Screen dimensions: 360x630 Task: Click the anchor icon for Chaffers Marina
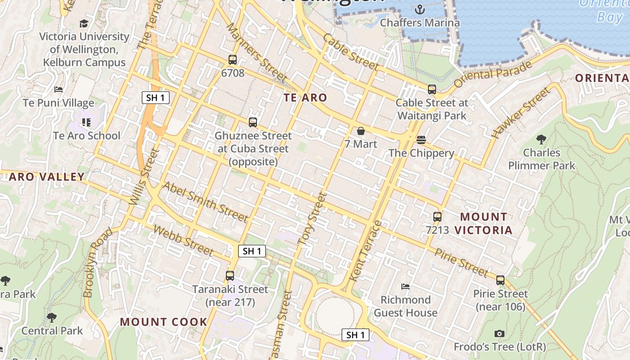click(x=419, y=9)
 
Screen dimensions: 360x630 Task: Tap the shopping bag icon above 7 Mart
click(x=361, y=131)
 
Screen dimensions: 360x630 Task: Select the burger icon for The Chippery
click(x=421, y=140)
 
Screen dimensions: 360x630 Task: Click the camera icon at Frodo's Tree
click(x=499, y=334)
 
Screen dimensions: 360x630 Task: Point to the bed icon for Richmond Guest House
click(x=405, y=287)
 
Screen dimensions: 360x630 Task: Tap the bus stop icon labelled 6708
click(x=233, y=59)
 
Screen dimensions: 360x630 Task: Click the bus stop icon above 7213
click(x=437, y=216)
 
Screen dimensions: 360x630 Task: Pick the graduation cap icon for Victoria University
click(x=84, y=23)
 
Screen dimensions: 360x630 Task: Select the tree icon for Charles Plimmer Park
click(x=541, y=139)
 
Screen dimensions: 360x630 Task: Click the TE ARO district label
click(x=305, y=98)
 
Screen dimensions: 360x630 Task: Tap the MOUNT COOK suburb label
click(x=163, y=322)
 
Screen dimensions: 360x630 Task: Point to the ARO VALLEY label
click(x=47, y=177)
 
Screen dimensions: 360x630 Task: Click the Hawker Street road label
click(x=521, y=113)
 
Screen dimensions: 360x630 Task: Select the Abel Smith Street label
click(x=205, y=202)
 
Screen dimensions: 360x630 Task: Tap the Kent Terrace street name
click(x=365, y=251)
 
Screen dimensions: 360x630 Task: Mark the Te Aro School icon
click(x=86, y=122)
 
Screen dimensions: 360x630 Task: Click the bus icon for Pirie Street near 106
click(x=500, y=280)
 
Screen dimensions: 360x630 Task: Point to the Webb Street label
click(x=182, y=240)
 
